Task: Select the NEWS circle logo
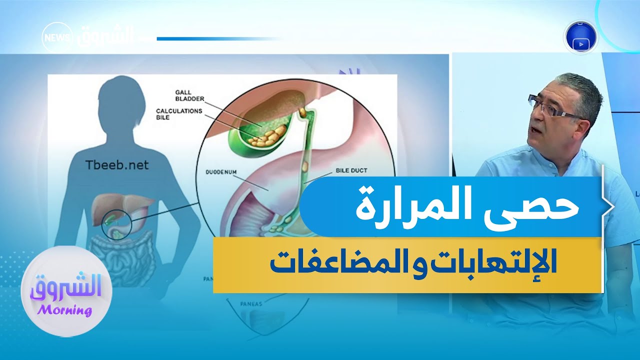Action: [x=56, y=37]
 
